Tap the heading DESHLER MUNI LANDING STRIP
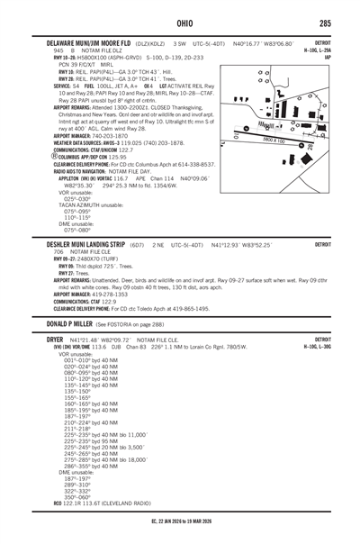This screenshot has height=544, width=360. pos(81,244)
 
